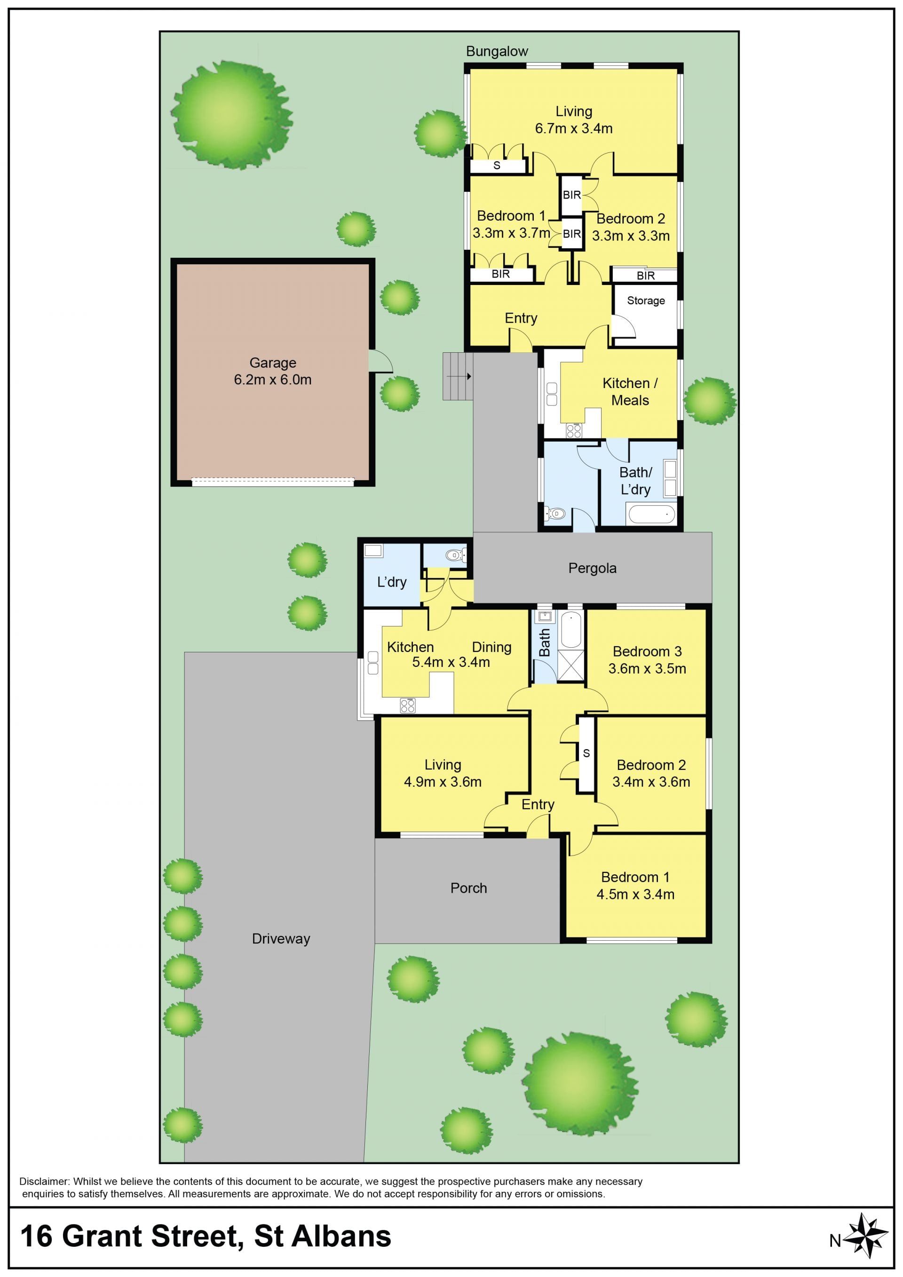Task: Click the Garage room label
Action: point(272,363)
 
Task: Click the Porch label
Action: point(469,888)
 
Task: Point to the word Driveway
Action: point(281,939)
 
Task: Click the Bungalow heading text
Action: point(497,51)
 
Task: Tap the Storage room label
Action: point(646,301)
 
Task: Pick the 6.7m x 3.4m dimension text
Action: point(574,128)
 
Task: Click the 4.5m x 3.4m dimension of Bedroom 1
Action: point(635,894)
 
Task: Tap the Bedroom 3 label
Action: point(647,651)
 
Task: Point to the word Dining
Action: point(491,647)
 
